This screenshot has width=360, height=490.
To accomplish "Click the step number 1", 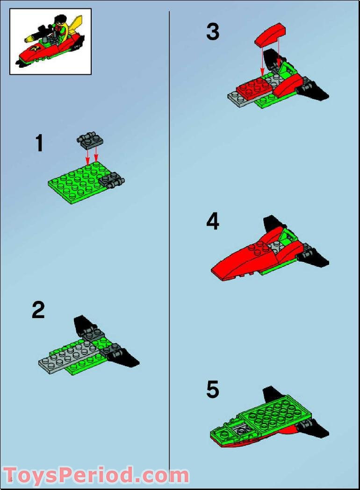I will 39,143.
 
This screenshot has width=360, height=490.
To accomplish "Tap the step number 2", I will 38,310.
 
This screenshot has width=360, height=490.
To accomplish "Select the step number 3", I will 213,32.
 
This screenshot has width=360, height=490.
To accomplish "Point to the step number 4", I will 213,221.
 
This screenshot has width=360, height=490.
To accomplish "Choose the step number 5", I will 213,390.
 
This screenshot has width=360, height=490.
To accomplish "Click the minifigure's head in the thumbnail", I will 59,21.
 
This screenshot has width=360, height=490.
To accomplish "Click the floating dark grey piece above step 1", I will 91,139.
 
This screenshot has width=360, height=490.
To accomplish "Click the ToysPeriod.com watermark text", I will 96,475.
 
